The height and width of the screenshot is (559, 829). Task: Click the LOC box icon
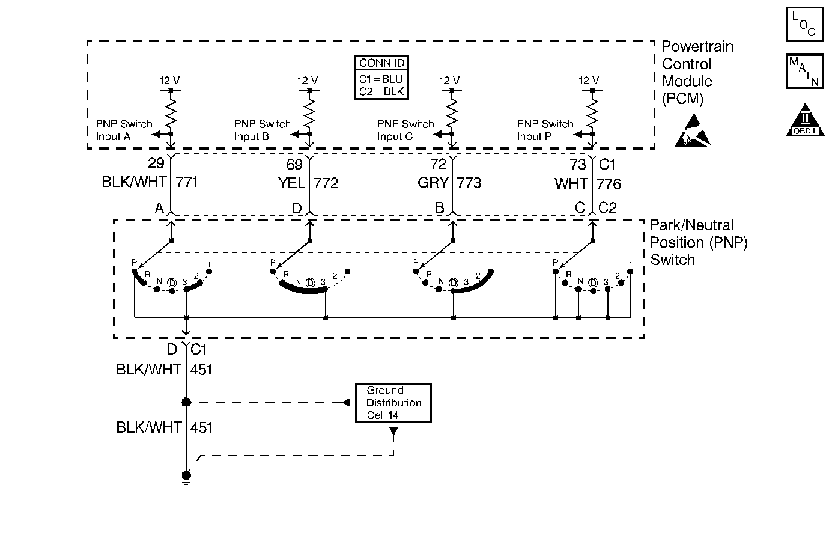805,24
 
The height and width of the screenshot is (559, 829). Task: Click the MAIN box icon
805,71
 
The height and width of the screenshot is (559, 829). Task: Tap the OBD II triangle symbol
805,120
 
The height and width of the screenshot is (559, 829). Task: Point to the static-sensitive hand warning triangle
692,132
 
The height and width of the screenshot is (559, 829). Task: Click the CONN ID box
381,78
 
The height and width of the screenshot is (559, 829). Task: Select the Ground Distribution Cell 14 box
393,403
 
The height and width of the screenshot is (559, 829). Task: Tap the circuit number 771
186,182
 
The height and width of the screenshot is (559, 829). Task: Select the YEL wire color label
291,183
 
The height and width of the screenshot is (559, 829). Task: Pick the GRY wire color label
433,183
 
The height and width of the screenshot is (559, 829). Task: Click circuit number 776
609,183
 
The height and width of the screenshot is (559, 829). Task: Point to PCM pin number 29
156,163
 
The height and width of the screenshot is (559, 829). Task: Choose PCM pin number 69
294,164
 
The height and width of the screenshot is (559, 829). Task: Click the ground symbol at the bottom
186,478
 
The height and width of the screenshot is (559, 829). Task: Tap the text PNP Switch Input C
405,130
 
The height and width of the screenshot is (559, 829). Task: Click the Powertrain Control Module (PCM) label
697,73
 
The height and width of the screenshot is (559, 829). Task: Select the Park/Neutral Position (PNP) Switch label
699,242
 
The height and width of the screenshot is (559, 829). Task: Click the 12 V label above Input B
308,81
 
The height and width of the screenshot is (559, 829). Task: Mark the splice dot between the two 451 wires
186,402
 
